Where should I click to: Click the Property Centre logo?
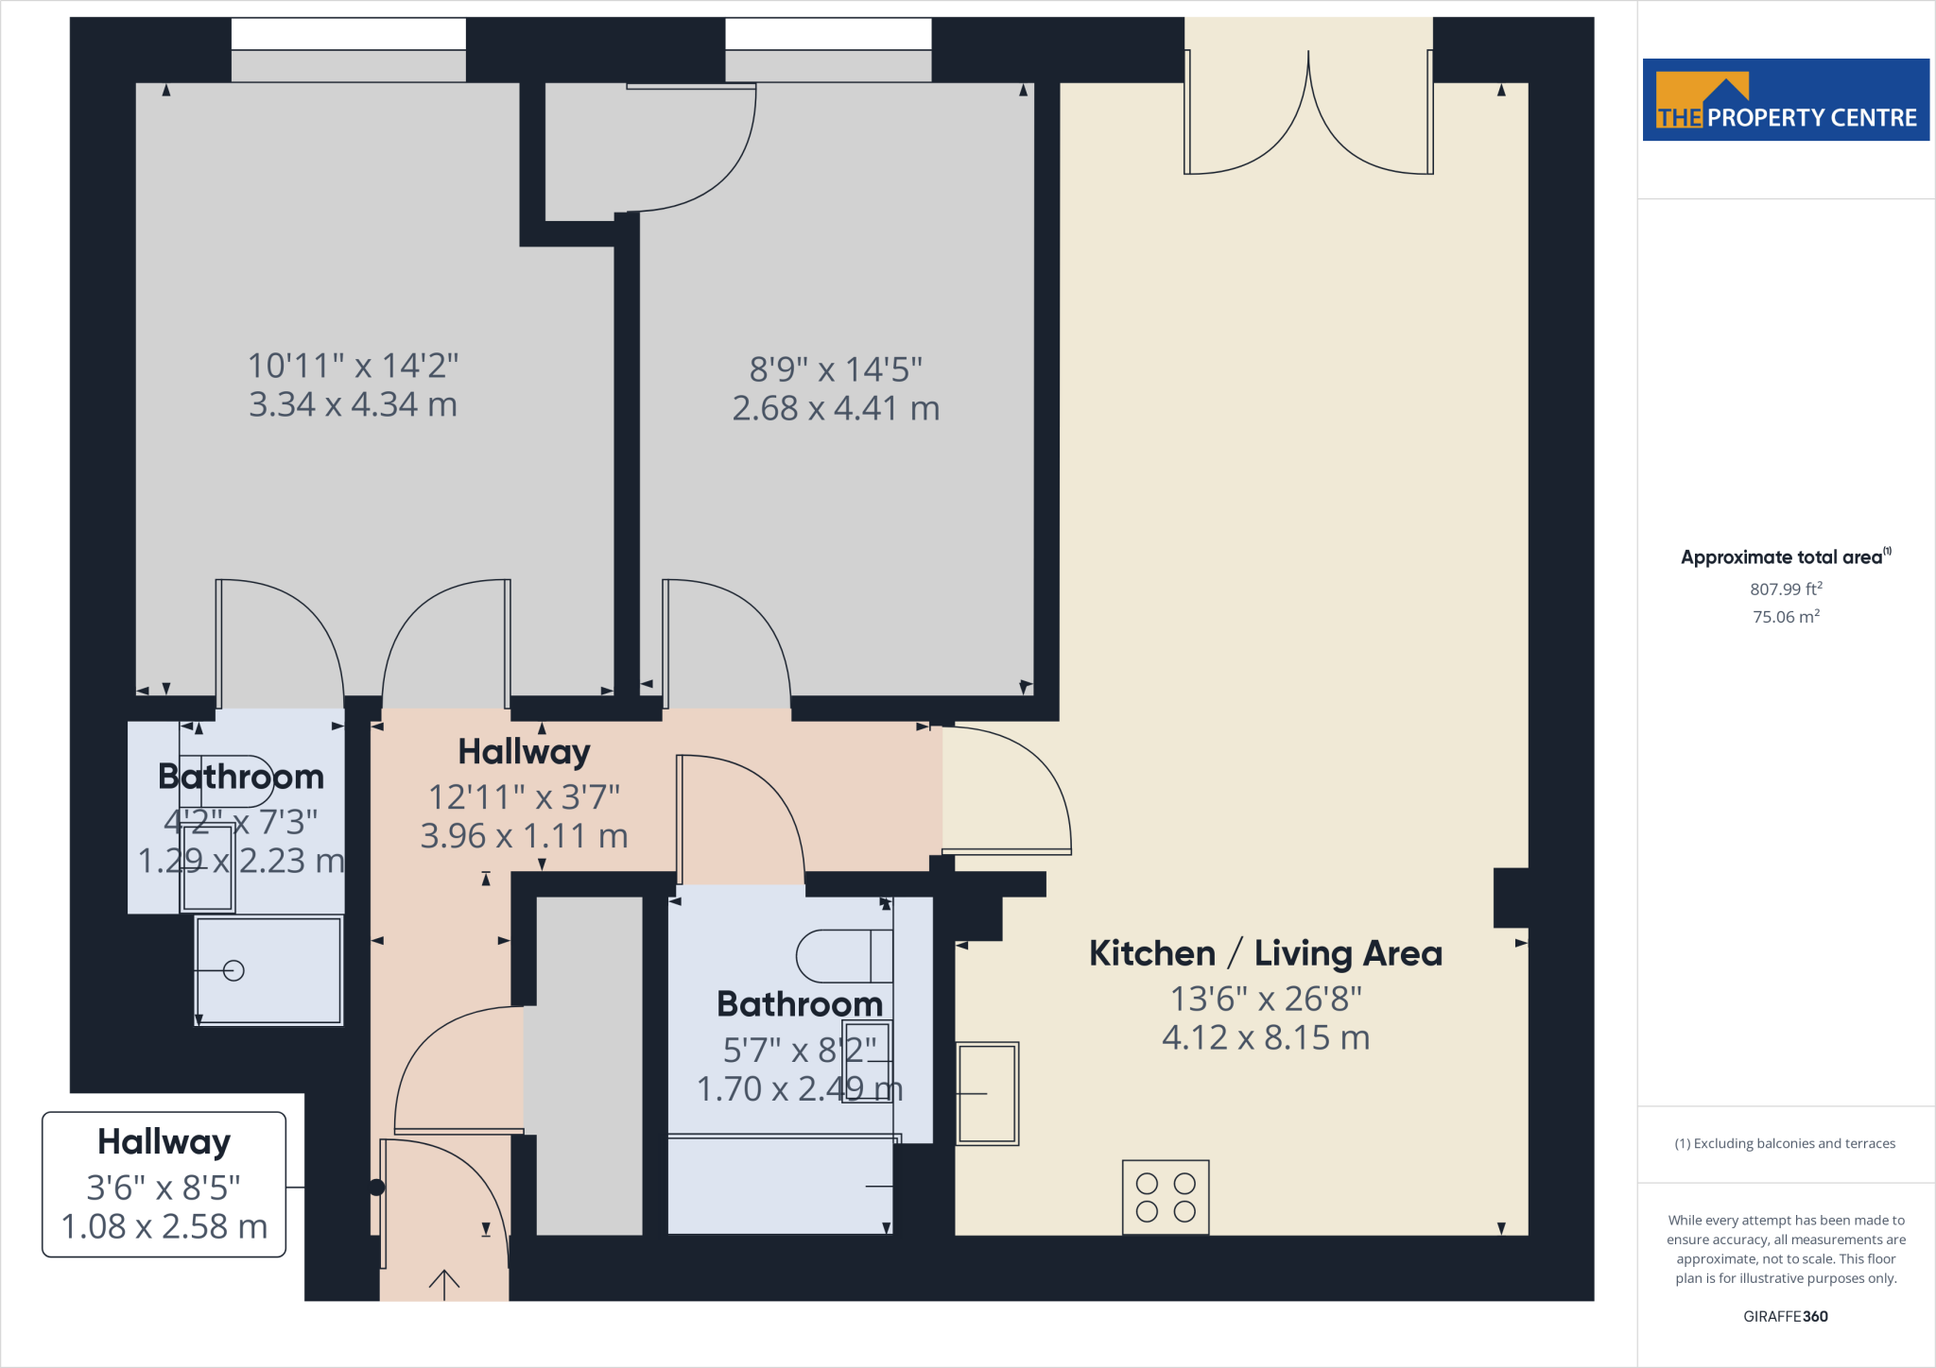pyautogui.click(x=1785, y=100)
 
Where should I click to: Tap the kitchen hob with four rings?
pyautogui.click(x=1165, y=1197)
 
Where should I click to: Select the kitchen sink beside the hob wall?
pyautogui.click(x=987, y=1093)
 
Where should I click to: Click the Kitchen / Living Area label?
pyautogui.click(x=1265, y=953)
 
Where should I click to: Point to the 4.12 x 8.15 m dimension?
pyautogui.click(x=1265, y=1037)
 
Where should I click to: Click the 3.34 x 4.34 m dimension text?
pyautogui.click(x=353, y=404)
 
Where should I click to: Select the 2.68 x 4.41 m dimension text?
pyautogui.click(x=836, y=408)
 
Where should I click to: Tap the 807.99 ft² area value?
pyautogui.click(x=1785, y=589)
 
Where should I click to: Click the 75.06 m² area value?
pyautogui.click(x=1785, y=616)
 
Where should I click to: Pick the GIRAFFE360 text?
pyautogui.click(x=1785, y=1316)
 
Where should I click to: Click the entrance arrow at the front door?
pyautogui.click(x=443, y=1283)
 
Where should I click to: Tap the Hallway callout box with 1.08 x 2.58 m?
pyautogui.click(x=164, y=1184)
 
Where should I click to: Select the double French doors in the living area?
pyautogui.click(x=1308, y=113)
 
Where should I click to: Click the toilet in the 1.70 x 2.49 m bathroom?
pyautogui.click(x=841, y=956)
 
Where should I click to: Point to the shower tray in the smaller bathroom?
pyautogui.click(x=268, y=970)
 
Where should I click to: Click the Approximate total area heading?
pyautogui.click(x=1783, y=557)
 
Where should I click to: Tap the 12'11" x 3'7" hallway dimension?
pyautogui.click(x=524, y=797)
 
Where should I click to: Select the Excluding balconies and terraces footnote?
pyautogui.click(x=1785, y=1143)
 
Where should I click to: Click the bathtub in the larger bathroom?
pyautogui.click(x=780, y=1186)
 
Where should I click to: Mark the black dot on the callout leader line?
pyautogui.click(x=377, y=1188)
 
